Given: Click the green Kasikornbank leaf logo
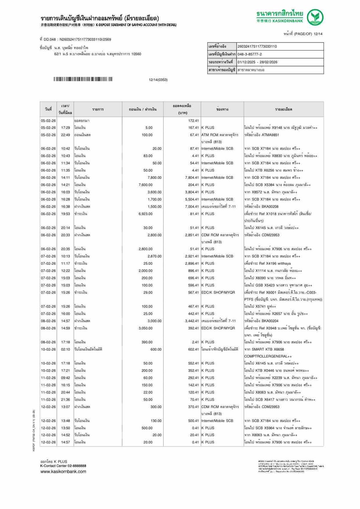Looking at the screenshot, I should (315, 17).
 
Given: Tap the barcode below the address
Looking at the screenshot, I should (83, 79).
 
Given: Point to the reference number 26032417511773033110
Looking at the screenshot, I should (257, 46).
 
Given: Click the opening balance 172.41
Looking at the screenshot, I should (193, 121).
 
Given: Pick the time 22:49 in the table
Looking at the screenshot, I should (65, 135).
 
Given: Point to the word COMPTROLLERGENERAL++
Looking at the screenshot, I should (268, 357).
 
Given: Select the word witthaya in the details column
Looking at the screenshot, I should (284, 264).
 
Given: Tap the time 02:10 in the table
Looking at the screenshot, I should (65, 349).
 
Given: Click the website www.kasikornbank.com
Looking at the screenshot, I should (63, 472).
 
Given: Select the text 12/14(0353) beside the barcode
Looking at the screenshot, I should (158, 80).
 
